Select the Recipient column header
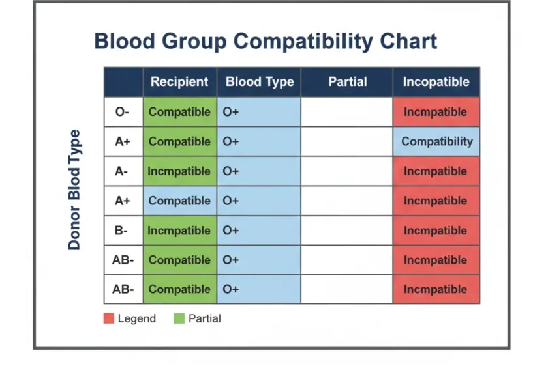179,82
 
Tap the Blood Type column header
259,82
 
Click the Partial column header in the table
347,82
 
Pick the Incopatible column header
436,82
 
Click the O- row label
123,112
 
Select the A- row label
123,171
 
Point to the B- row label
123,231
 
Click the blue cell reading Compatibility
436,141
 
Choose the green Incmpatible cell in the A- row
179,171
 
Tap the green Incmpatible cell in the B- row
179,231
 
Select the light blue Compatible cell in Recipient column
179,201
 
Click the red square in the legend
108,318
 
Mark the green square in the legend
179,318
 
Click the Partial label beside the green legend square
204,318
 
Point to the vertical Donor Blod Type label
74,190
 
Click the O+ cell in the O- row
259,112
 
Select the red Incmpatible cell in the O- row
436,112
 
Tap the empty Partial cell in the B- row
346,231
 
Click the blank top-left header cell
123,82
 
